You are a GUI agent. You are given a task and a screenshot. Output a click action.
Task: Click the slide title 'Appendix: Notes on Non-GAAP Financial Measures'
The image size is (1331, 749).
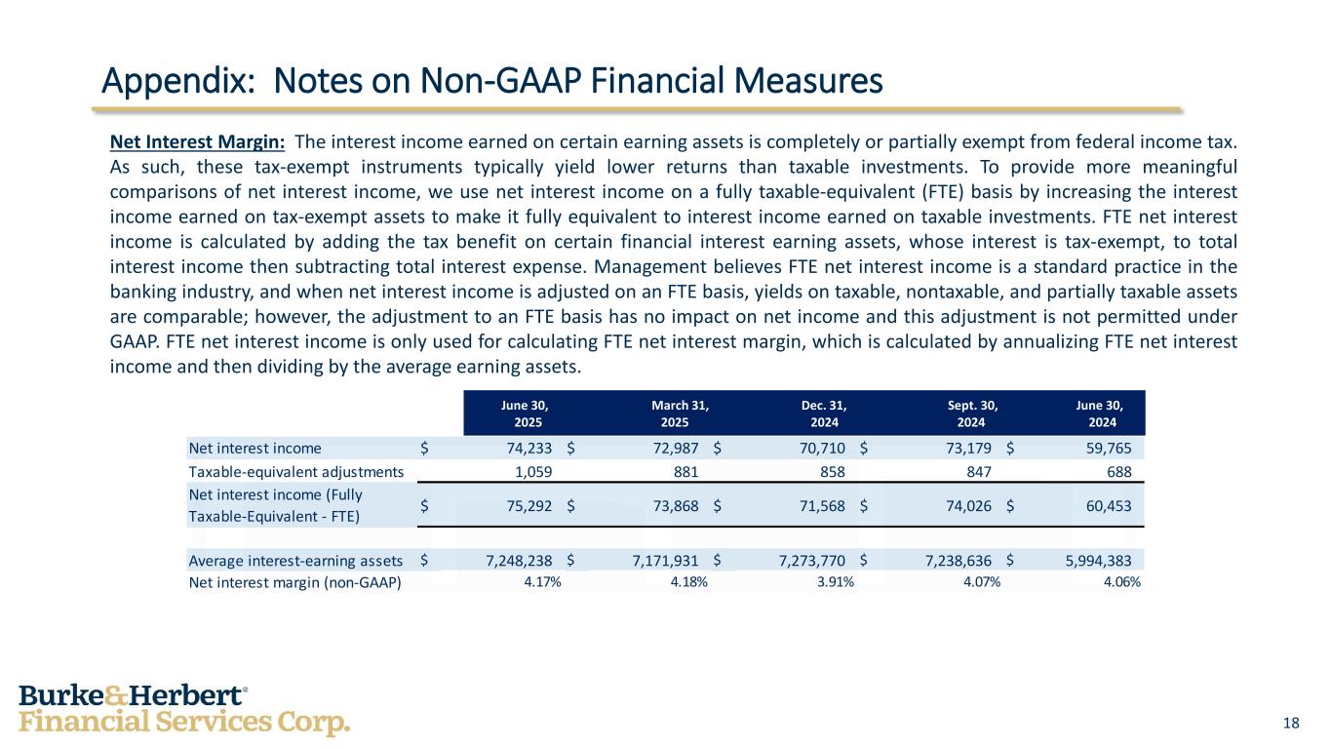point(492,80)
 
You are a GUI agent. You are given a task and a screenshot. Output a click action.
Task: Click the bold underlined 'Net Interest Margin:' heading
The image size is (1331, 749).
point(197,142)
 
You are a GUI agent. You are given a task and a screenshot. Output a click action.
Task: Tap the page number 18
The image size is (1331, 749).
point(1291,723)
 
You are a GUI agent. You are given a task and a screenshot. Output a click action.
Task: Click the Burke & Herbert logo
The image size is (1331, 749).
point(184,710)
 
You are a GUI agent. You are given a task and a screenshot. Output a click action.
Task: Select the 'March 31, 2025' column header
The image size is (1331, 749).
point(680,414)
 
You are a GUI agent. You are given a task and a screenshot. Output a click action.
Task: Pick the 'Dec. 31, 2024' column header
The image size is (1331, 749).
point(824,414)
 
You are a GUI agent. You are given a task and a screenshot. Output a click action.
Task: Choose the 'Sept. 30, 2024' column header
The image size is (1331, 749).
point(972,414)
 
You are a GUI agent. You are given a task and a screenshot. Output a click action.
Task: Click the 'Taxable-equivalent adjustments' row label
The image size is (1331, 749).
point(295,472)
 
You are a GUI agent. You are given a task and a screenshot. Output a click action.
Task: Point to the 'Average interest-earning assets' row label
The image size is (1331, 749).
point(295,560)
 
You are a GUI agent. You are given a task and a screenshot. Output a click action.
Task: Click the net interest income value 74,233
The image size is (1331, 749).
point(528,449)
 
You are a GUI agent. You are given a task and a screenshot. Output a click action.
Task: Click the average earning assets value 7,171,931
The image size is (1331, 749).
point(659,560)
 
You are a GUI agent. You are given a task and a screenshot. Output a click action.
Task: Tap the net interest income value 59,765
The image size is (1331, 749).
point(1108,449)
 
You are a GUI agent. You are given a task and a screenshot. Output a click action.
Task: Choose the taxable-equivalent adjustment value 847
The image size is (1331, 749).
point(978,472)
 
